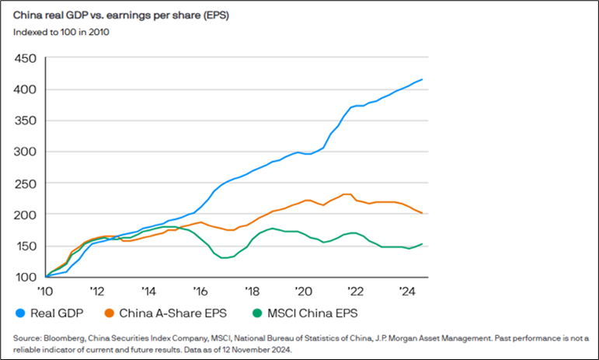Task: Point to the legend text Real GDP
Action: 54,313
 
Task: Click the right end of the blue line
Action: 422,79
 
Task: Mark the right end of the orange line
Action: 422,213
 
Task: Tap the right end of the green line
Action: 422,243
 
